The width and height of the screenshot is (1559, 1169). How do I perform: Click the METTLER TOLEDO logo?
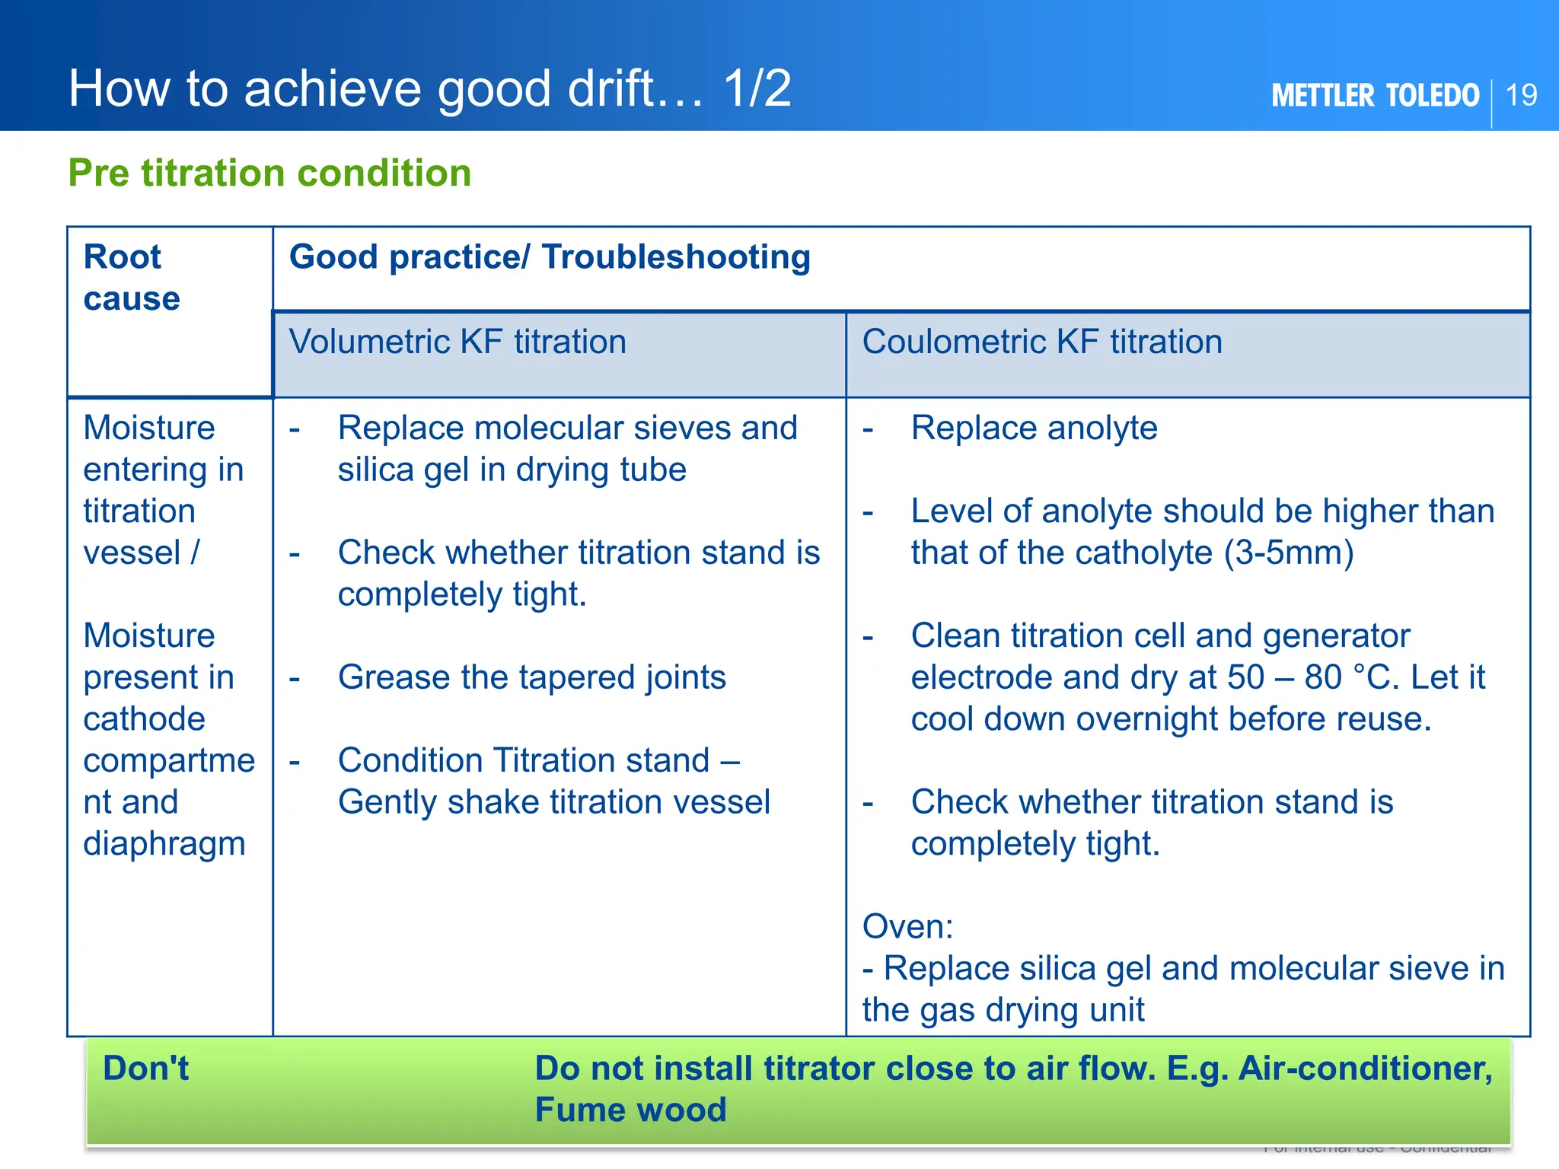tap(1375, 96)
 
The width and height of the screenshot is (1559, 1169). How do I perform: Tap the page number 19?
tap(1521, 96)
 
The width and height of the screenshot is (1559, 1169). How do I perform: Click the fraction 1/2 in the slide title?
tap(757, 88)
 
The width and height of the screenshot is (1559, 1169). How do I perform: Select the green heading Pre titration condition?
tap(269, 173)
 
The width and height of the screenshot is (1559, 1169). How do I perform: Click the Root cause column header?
tap(131, 277)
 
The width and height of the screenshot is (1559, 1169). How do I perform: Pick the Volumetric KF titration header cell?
tap(457, 342)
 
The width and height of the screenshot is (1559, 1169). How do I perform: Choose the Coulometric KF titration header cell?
tap(1041, 342)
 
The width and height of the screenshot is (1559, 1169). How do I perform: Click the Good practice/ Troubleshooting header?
tap(550, 257)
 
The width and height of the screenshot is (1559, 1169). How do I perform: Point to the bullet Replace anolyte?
tap(1034, 428)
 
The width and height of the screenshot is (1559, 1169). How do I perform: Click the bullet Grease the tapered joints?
tap(531, 677)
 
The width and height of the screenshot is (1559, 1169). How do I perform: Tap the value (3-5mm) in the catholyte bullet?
tap(1289, 553)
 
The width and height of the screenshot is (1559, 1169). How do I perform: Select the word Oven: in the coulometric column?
tap(907, 927)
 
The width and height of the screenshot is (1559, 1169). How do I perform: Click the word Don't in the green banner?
tap(145, 1069)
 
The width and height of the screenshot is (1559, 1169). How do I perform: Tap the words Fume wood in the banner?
tap(630, 1110)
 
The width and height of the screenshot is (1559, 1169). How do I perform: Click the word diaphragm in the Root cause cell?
tap(164, 844)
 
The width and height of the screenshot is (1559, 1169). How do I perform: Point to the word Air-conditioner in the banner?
tap(1365, 1069)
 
